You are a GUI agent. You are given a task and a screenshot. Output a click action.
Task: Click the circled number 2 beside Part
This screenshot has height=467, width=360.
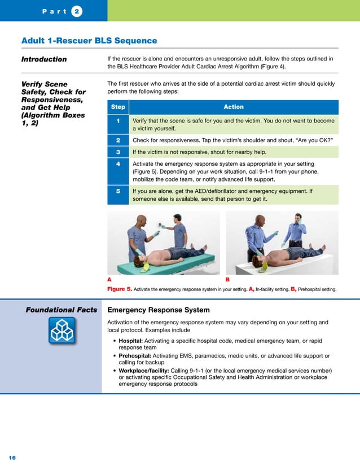point(74,11)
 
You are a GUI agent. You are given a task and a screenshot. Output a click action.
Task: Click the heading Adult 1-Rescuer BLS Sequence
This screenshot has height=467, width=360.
point(89,41)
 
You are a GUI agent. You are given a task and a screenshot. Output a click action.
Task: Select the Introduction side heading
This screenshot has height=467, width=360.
point(44,59)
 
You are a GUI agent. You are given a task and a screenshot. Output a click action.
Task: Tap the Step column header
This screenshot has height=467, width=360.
point(118,107)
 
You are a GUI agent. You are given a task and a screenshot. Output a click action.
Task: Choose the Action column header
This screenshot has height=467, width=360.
point(234,107)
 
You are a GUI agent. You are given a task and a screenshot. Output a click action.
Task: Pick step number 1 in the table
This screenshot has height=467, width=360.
point(118,121)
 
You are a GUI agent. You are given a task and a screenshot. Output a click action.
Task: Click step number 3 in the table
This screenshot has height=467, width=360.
point(118,152)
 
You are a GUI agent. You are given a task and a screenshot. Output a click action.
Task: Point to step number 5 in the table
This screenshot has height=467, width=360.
point(118,191)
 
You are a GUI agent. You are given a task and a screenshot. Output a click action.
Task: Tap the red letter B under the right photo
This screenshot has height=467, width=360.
point(227,279)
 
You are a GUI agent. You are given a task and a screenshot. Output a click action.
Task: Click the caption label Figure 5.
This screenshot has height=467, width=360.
point(120,289)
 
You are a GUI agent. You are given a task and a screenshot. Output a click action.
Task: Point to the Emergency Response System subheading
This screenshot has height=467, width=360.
point(159,310)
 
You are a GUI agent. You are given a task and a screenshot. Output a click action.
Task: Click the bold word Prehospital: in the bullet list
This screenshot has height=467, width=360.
point(134,356)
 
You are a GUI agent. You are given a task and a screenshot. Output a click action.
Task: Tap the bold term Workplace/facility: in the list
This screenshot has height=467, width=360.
point(143,370)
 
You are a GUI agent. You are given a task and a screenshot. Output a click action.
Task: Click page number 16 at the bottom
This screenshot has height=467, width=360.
point(12,456)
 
